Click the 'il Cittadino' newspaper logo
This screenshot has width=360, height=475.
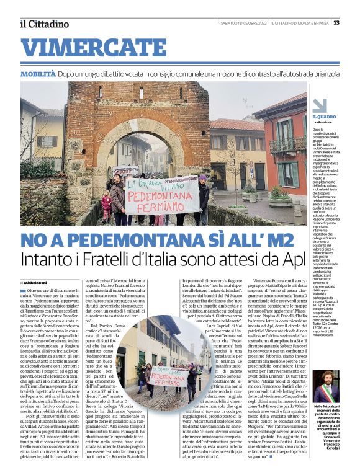point(43,24)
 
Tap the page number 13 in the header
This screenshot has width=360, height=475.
point(336,23)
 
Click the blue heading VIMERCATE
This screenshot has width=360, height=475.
point(85,48)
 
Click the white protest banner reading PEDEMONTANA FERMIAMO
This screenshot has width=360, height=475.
point(161,195)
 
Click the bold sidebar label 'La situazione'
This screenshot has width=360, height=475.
point(323,123)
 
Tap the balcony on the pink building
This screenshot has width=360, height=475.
point(282,146)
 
